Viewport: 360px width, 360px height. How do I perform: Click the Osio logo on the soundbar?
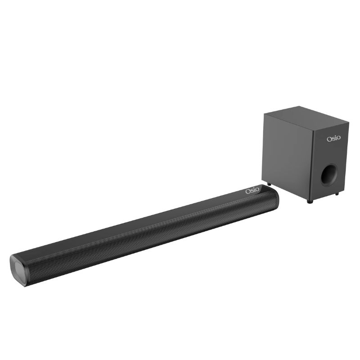(253, 191)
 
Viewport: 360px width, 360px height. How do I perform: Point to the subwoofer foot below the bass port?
(337, 194)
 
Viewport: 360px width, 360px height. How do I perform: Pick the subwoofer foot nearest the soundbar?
(269, 184)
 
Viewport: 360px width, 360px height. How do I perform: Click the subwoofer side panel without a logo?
(286, 153)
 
